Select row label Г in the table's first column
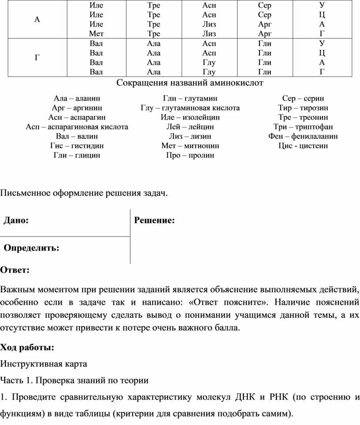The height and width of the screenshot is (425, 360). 37,57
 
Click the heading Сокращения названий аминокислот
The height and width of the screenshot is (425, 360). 190,83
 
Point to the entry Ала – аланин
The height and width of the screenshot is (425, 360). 77,98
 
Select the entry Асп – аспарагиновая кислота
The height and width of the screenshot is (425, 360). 77,127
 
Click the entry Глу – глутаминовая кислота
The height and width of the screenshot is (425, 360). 190,108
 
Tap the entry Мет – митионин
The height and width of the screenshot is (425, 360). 190,145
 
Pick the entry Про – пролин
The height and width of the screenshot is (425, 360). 190,155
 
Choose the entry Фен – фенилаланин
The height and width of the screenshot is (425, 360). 303,136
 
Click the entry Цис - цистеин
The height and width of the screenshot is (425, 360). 303,145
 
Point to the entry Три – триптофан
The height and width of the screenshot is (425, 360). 303,127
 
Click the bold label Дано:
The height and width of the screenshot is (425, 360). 17,220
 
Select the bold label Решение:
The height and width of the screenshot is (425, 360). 154,220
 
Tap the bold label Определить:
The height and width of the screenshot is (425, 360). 32,248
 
